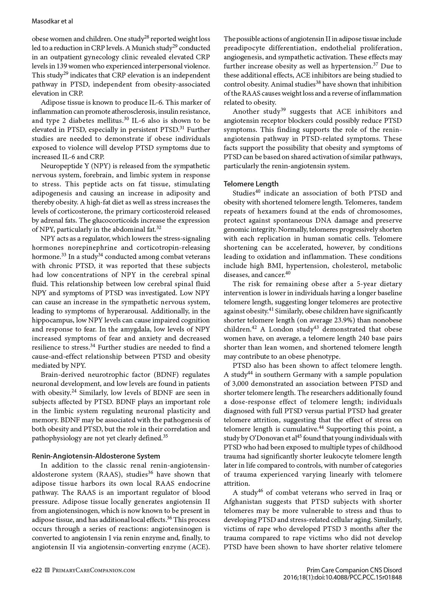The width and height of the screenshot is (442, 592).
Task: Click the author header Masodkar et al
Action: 52,22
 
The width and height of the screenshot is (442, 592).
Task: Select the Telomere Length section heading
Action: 251,184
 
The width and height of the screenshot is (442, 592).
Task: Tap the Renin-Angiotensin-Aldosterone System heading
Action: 96,456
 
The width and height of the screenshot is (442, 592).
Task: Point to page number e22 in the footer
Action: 37,570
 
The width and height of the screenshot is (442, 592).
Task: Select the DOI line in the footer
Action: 342,577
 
